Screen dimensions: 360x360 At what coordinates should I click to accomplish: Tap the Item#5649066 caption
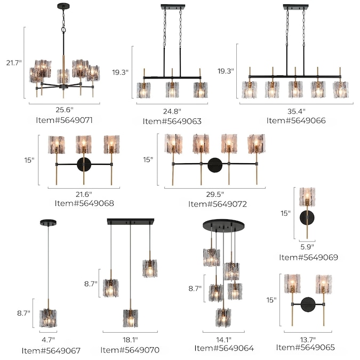(x=296, y=121)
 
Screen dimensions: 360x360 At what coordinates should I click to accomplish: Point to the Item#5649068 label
(x=84, y=203)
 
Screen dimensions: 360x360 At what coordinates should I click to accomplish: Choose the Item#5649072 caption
(x=218, y=204)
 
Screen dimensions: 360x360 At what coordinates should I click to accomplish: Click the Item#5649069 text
(x=308, y=257)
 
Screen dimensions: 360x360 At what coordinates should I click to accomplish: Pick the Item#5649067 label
(x=51, y=350)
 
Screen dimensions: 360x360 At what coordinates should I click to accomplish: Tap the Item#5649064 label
(x=224, y=348)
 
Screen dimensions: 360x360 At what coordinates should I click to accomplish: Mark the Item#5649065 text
(x=306, y=347)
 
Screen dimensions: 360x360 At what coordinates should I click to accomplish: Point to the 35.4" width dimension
(x=296, y=111)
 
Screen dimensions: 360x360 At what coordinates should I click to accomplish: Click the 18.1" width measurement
(x=130, y=340)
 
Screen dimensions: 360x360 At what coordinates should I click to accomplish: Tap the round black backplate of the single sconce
(x=308, y=217)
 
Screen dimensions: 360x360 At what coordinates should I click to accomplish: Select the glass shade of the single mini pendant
(x=48, y=318)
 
